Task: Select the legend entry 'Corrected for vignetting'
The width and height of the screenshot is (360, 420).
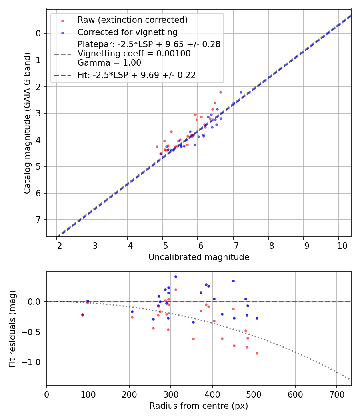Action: [127, 32]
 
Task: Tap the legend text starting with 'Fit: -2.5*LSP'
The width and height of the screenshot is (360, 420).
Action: [136, 75]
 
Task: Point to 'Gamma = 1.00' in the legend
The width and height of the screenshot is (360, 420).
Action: [109, 62]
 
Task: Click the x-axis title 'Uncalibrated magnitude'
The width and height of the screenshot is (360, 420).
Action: [199, 257]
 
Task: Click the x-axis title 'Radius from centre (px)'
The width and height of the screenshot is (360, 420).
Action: [199, 406]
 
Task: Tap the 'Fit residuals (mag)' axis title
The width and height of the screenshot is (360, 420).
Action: [13, 328]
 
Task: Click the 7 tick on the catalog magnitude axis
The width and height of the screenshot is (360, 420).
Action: [39, 220]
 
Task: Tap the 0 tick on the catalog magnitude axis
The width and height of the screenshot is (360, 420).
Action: [39, 33]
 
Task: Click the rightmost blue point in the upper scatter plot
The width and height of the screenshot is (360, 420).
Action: [241, 92]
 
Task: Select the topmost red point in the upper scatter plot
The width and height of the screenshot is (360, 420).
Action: [220, 92]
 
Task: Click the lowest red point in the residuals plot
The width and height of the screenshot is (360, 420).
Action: [257, 353]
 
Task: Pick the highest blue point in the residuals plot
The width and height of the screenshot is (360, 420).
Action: [176, 276]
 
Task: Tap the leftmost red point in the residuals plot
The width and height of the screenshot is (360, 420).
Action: [82, 315]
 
